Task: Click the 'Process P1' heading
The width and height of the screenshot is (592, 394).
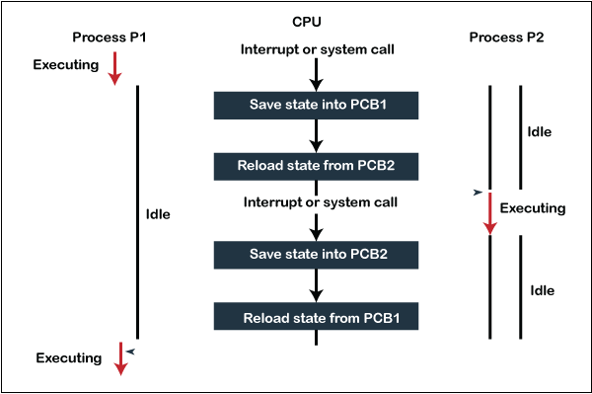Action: [x=111, y=38]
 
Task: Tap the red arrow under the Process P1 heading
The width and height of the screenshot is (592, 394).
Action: [x=114, y=67]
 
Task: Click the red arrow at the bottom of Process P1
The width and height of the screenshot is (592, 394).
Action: [x=120, y=357]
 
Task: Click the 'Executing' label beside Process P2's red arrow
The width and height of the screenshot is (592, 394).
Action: [x=533, y=208]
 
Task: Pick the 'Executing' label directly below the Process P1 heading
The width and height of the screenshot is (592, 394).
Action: [x=66, y=66]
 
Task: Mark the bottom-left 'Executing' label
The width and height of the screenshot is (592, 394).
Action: [x=68, y=357]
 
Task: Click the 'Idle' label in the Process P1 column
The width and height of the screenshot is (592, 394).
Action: [x=157, y=213]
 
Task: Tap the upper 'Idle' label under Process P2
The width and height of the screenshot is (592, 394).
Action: [x=540, y=131]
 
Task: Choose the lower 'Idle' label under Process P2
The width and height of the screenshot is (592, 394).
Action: [x=542, y=290]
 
